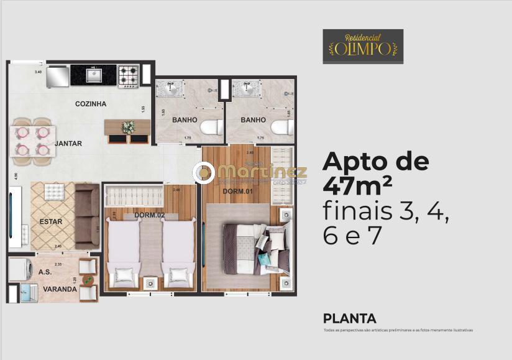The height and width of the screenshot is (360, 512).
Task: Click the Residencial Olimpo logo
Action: coord(363,46)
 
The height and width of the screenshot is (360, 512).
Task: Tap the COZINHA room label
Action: coord(91,104)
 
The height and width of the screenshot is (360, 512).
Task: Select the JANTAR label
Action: coord(68,144)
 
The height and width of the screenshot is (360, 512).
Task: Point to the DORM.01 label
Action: coord(237,191)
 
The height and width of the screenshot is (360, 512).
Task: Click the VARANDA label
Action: coord(60,289)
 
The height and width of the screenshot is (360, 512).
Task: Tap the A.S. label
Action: coord(45,272)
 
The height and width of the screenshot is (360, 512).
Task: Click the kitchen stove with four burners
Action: coord(129,76)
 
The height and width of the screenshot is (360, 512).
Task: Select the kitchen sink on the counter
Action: coord(94,76)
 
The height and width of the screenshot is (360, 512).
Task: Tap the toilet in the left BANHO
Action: coord(212,129)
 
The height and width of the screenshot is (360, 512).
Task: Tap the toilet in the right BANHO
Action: coord(284,129)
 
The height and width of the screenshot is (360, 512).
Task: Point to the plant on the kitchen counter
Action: coord(129,127)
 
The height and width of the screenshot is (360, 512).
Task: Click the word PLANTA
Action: coord(349,319)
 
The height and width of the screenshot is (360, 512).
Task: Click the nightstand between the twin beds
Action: coord(150,283)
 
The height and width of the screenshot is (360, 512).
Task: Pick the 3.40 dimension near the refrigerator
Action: coord(38,72)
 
